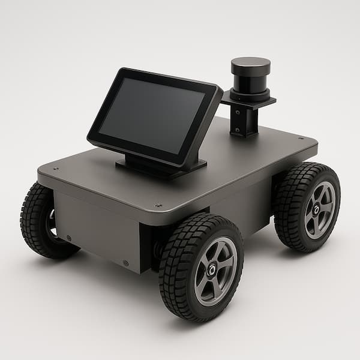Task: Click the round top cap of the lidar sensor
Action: point(250,64)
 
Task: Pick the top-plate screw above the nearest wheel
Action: point(158,205)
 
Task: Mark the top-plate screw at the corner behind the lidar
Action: point(300,139)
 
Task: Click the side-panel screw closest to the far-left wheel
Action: point(68,238)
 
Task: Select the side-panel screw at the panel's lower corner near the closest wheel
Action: point(125,263)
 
